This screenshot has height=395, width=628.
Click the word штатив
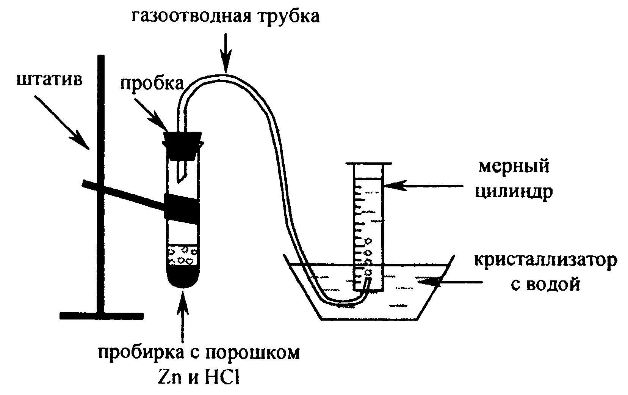(x=49, y=80)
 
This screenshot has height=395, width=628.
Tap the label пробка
(x=152, y=83)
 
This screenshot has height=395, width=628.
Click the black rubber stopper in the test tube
(x=182, y=146)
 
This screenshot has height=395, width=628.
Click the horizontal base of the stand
(x=102, y=316)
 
